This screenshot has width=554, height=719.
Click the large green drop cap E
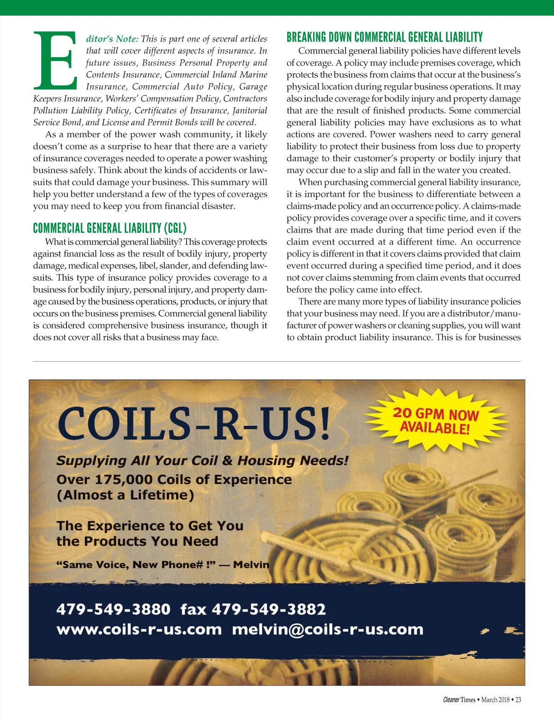coord(54,60)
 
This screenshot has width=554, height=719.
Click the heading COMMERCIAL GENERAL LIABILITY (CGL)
coord(109,228)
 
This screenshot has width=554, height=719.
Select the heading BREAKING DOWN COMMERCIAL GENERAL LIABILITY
coord(384,37)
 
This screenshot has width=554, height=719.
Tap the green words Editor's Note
coord(112,39)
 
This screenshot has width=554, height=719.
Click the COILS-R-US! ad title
coord(194,424)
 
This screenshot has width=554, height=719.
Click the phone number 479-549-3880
coord(114,609)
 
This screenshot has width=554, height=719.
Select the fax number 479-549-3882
coord(269,609)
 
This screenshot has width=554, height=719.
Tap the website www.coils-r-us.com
coord(139,629)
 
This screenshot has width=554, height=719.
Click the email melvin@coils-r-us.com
coord(327,629)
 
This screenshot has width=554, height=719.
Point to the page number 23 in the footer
coord(518,700)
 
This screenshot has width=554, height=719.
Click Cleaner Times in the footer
coord(459,700)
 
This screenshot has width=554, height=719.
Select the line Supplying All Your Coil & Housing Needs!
coord(202,461)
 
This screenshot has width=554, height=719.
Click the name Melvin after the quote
coord(251,564)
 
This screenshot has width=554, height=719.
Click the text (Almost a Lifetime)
coord(125,495)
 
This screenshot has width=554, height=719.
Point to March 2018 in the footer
coord(495,700)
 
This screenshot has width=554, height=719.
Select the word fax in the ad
coord(193,609)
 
